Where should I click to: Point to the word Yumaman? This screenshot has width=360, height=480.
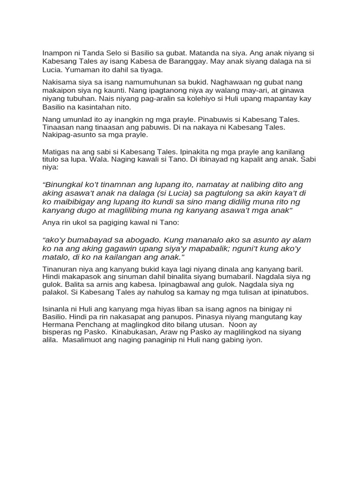point(82,70)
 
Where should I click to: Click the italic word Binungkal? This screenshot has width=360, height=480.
point(66,185)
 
